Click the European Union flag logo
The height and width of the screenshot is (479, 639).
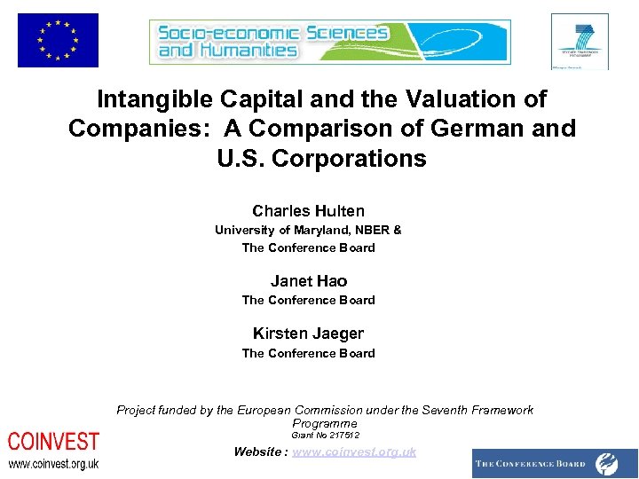click(58, 40)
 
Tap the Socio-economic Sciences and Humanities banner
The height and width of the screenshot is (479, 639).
click(329, 42)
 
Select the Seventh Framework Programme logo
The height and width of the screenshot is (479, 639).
click(580, 41)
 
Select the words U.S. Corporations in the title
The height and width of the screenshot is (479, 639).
click(321, 159)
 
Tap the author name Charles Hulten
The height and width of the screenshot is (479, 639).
click(308, 211)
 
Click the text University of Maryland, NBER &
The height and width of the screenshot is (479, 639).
click(308, 230)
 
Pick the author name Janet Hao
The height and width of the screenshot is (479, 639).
click(308, 281)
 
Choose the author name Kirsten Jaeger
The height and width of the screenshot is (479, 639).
click(308, 334)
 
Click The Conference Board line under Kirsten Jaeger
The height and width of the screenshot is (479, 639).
click(308, 353)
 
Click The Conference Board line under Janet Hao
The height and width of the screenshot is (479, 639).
click(308, 300)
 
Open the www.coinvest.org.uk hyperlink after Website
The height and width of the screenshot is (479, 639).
click(354, 452)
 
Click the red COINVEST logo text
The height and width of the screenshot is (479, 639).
click(53, 442)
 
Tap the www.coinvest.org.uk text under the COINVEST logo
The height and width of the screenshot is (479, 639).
click(53, 464)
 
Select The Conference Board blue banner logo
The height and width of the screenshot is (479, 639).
click(556, 463)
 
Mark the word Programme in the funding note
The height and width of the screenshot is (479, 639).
click(324, 423)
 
